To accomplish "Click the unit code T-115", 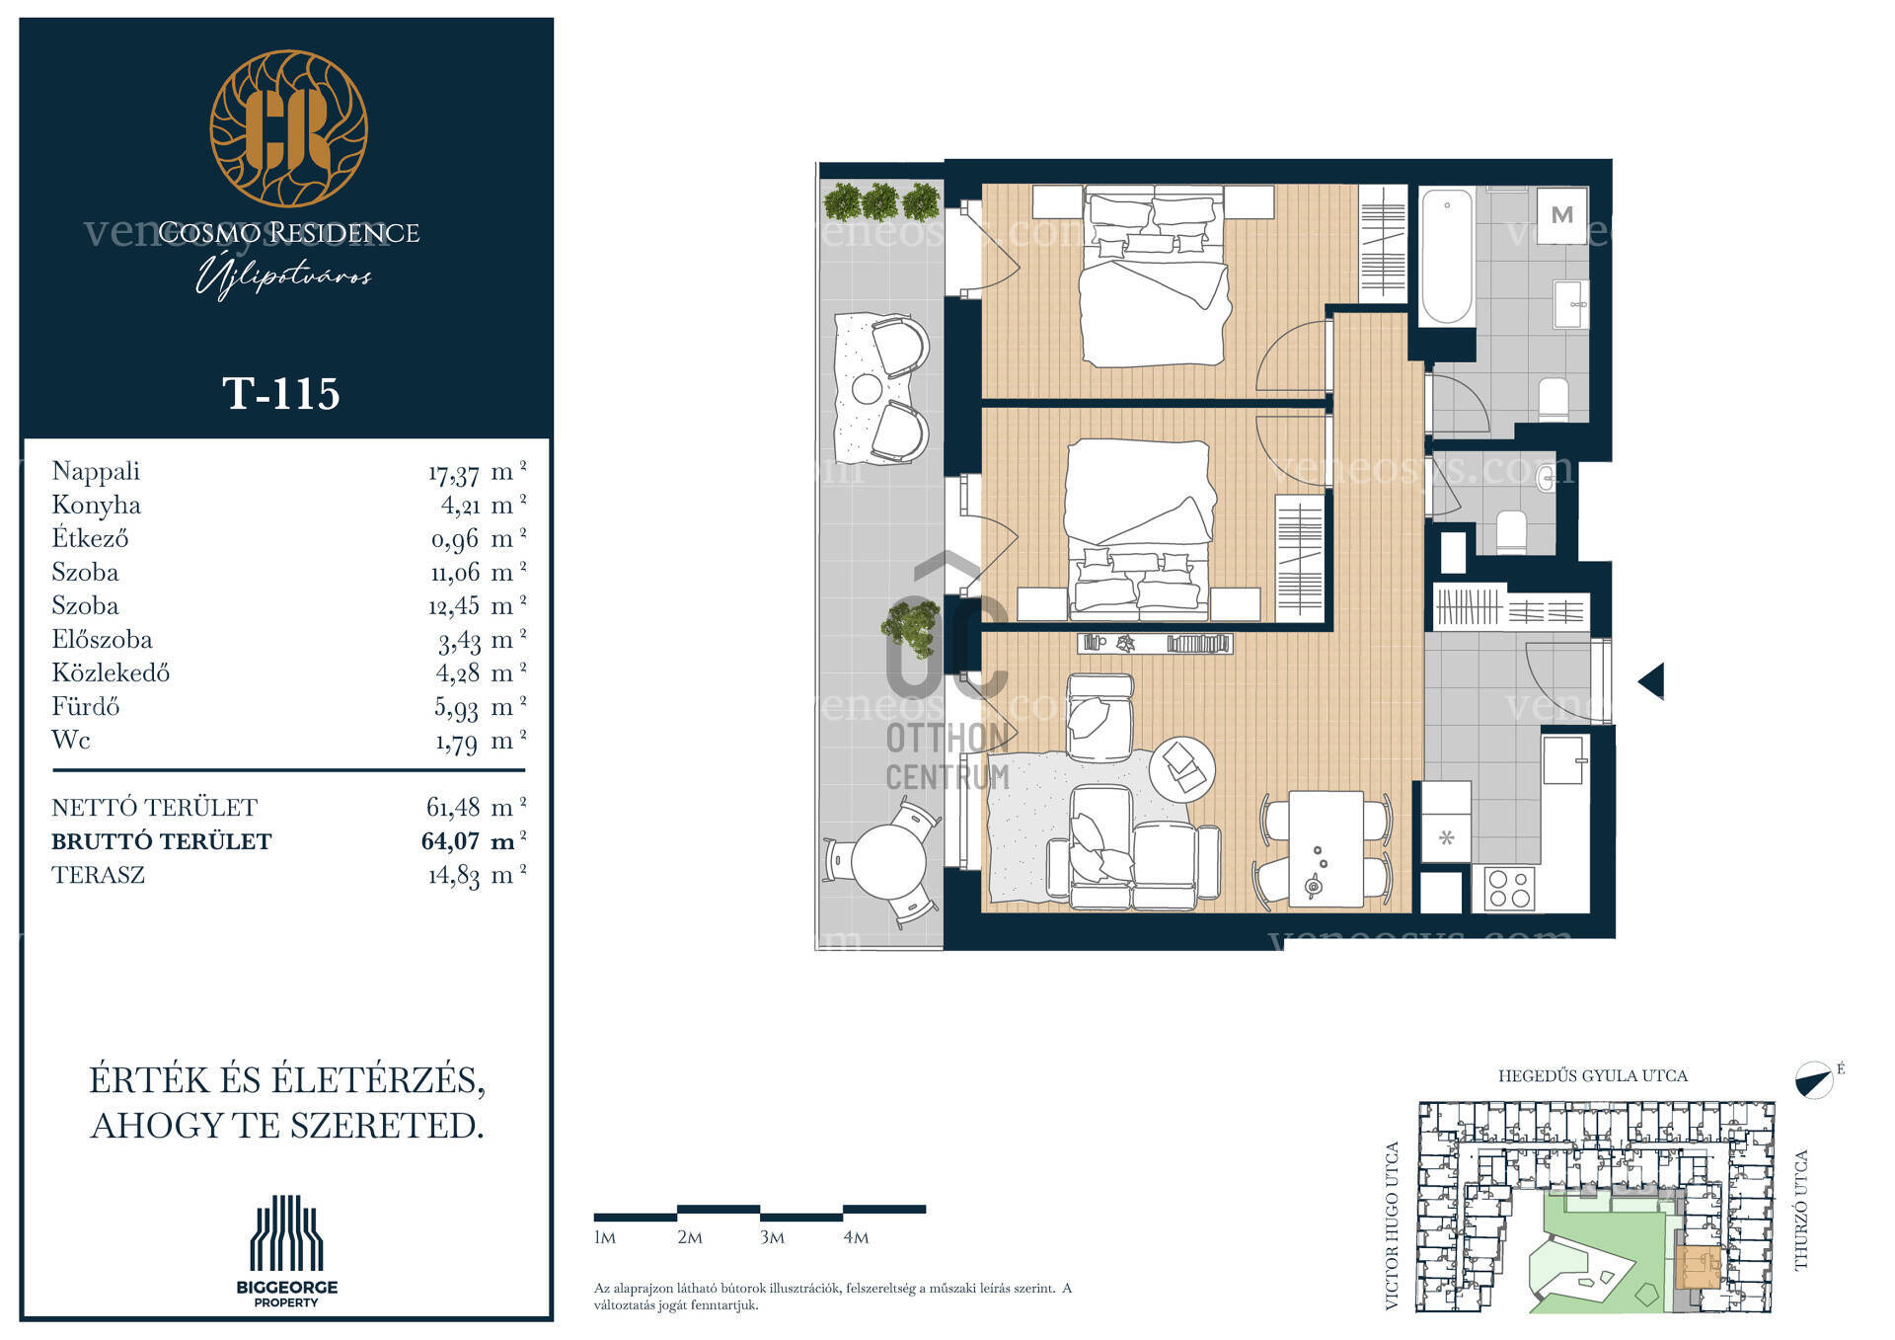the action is coord(281,393).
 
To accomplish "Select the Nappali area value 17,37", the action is coord(454,474).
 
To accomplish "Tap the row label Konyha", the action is coord(96,506).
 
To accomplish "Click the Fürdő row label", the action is coord(85,706).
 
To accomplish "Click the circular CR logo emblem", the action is coord(288,128).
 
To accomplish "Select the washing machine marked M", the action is coord(1561,214).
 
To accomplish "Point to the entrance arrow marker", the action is coord(1651,681).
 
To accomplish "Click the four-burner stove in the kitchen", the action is coord(1509,887).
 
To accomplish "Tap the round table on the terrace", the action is coord(888,861).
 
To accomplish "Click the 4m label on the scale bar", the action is coord(856,1237).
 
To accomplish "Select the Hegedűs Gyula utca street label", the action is coord(1592,1076).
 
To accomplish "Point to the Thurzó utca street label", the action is coord(1802,1210).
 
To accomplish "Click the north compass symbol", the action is coord(1815,1080).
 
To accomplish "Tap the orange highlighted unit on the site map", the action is coord(1698,1268).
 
